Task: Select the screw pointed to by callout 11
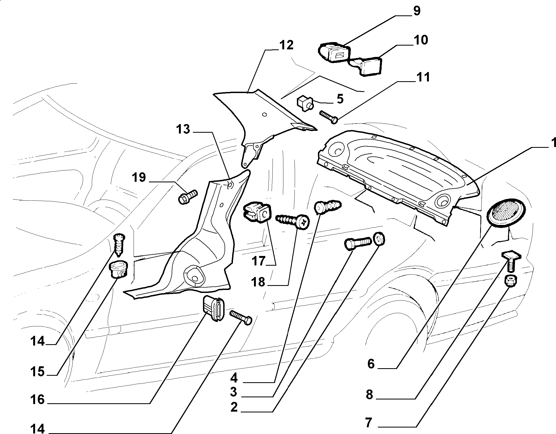[x=328, y=117]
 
